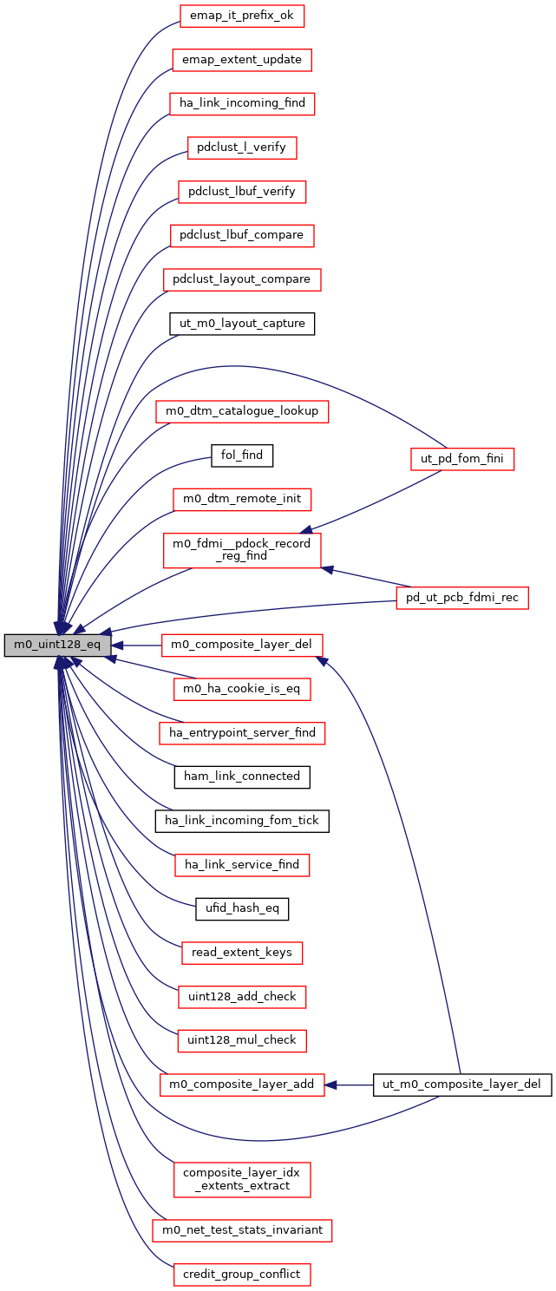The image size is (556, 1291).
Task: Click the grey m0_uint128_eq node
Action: pos(57,645)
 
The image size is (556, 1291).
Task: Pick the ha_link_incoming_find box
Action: pos(242,103)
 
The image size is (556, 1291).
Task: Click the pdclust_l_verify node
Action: pos(242,147)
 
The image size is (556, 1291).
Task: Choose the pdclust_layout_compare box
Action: pos(242,279)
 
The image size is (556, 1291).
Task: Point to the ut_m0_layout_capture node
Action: pos(242,324)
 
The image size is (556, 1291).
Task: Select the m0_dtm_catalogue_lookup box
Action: pos(242,411)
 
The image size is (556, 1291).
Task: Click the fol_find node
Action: pos(242,455)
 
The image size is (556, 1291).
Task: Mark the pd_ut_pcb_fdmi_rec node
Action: pos(461,597)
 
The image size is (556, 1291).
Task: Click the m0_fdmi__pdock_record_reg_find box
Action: pos(242,549)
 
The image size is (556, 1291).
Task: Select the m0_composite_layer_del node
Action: pos(242,645)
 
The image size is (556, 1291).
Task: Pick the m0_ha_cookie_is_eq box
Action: pos(242,689)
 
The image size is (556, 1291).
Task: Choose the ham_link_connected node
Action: pos(242,777)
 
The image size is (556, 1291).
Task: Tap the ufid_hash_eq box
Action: pos(242,908)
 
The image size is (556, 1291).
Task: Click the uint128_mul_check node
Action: pos(242,1040)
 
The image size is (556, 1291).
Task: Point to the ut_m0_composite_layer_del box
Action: pos(461,1085)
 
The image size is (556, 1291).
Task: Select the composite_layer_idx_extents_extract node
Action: pos(242,1178)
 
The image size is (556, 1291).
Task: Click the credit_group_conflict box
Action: pos(242,1275)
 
